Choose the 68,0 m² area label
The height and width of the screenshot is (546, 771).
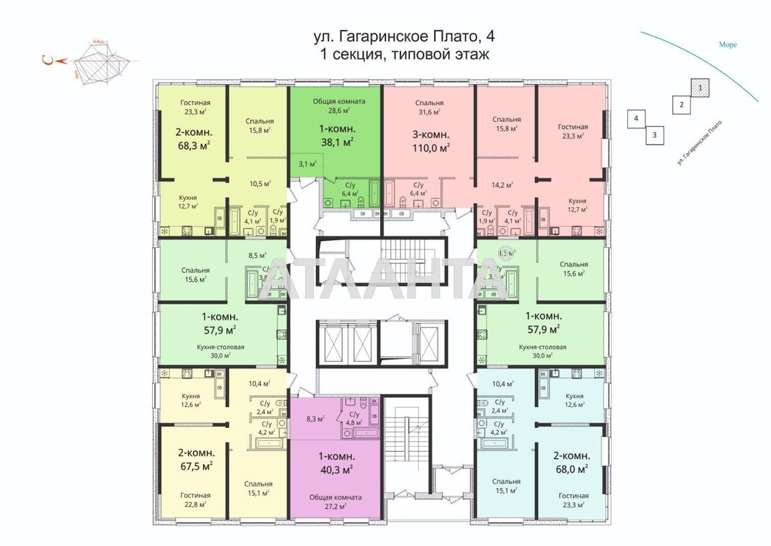coord(570,469)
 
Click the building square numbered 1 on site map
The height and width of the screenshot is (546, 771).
coord(699,87)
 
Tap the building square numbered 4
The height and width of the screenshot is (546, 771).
coord(636,118)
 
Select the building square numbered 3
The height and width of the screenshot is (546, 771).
coord(654,134)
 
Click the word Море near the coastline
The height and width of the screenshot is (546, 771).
coord(727,45)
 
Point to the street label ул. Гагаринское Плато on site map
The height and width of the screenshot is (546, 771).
coord(699,143)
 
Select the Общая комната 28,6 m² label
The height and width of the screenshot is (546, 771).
coord(339,105)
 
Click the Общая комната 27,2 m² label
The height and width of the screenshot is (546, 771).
coord(334,502)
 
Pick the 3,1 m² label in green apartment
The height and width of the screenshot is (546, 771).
coord(308,164)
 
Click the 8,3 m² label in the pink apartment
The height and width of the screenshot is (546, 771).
coord(315,419)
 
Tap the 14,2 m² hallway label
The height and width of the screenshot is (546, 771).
coord(503,184)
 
